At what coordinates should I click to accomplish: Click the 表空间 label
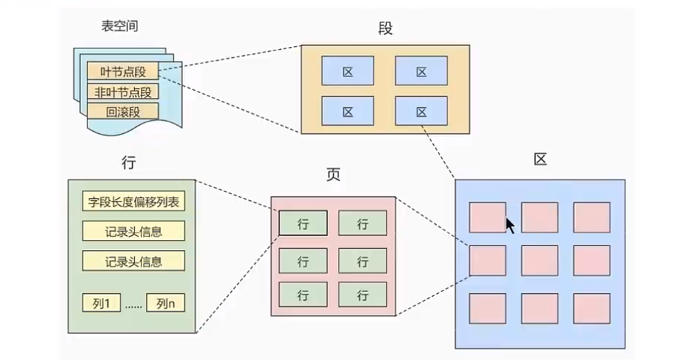point(120,26)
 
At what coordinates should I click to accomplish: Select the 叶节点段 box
point(123,71)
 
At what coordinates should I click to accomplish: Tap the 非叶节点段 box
point(123,92)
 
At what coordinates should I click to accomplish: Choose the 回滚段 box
point(123,112)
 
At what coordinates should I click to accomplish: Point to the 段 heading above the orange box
point(386,29)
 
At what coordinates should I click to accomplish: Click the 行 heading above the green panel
point(129,163)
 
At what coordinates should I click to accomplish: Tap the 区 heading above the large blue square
point(540,160)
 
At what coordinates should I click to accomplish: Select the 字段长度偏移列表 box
point(133,202)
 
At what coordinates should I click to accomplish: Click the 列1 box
point(101,303)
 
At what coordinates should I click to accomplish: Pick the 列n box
point(165,303)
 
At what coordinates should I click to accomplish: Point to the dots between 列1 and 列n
point(133,304)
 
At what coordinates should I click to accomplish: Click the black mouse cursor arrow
point(510,225)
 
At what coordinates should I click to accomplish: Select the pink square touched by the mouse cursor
point(487,217)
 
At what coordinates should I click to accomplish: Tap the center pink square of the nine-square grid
point(539,261)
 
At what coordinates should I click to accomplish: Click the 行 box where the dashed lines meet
point(303,223)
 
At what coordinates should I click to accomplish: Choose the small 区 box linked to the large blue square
point(421,111)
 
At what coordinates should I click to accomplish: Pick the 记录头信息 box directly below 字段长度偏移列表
point(133,231)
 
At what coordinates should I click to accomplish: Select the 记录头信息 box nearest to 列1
point(133,260)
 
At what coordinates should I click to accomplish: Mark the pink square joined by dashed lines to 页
point(487,261)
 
